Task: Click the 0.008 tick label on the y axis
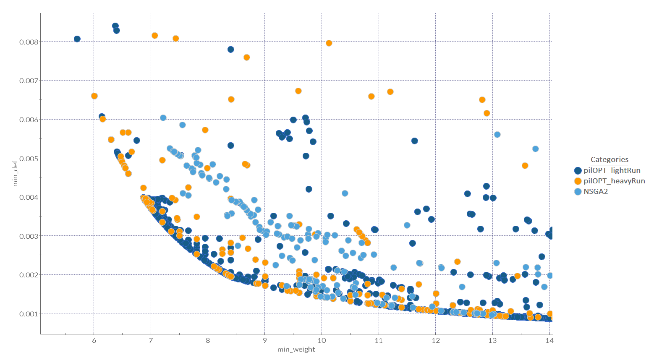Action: coord(29,42)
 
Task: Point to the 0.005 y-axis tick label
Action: coord(29,159)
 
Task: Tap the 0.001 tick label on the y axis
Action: coord(29,314)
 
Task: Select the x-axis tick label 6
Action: coord(94,340)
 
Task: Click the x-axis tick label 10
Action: coord(322,340)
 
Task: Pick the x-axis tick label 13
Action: coord(492,340)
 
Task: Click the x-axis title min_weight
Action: coord(296,349)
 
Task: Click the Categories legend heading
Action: coord(609,159)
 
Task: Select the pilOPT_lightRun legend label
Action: coord(612,170)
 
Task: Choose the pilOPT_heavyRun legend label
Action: coord(614,181)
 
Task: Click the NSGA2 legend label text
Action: coord(596,191)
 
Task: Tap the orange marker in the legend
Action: coord(578,181)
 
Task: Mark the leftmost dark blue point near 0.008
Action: coord(77,39)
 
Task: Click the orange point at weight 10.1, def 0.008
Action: coord(329,43)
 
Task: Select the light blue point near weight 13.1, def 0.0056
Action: coord(497,135)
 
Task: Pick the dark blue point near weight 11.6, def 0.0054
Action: coord(415,141)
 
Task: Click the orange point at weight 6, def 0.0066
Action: coord(94,96)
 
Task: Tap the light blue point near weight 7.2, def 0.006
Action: coord(163,118)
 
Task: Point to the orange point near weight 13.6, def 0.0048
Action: coord(525,166)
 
